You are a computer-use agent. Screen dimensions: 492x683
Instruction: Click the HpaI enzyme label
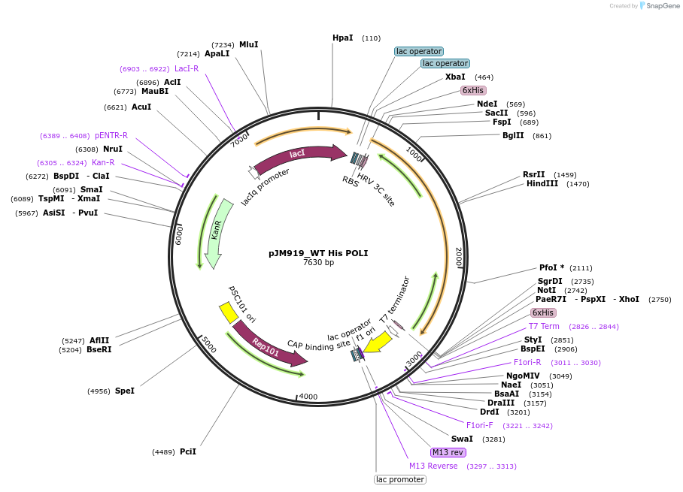342,38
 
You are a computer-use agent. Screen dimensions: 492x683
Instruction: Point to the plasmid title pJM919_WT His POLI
318,253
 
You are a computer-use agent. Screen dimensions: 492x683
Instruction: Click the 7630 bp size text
318,263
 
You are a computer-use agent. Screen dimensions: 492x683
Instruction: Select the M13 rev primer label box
448,452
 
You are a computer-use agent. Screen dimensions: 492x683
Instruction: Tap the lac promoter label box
400,479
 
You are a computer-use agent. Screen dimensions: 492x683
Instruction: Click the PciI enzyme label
188,451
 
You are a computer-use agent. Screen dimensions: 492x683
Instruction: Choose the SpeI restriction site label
125,391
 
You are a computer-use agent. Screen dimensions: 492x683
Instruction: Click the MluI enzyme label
248,44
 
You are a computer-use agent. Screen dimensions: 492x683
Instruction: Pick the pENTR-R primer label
111,135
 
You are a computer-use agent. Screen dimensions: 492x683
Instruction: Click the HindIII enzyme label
542,183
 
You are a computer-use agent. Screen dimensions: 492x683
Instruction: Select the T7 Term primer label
544,326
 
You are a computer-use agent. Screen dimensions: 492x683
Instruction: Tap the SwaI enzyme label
462,439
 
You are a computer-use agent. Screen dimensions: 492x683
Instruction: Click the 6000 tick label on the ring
179,234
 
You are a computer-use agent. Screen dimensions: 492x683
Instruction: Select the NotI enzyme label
547,290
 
